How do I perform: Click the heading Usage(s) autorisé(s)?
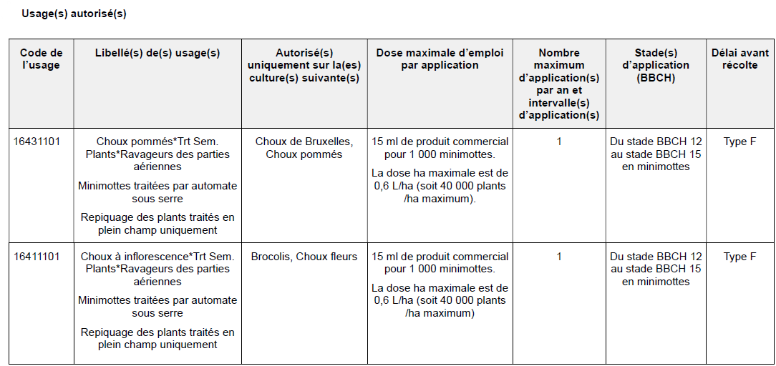[74, 14]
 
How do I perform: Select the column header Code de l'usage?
[41, 59]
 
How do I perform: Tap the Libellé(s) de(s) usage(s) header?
[157, 53]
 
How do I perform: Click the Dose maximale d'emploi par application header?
[440, 59]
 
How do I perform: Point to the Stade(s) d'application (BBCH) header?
[656, 65]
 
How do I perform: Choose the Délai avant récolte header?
[740, 59]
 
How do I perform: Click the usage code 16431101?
[37, 142]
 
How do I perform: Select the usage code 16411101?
[37, 257]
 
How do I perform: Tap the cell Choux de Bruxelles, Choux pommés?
[304, 148]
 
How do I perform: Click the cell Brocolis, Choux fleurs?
[304, 257]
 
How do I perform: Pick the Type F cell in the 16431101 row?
[740, 142]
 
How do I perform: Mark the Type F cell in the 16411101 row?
[740, 257]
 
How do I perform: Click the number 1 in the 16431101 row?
[559, 142]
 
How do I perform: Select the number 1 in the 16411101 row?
[559, 257]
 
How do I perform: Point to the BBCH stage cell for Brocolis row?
[656, 269]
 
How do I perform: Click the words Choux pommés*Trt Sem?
[157, 142]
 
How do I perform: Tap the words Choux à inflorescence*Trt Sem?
[157, 257]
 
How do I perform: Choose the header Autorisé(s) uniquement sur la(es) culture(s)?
[304, 65]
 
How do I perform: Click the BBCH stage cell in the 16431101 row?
[656, 154]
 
